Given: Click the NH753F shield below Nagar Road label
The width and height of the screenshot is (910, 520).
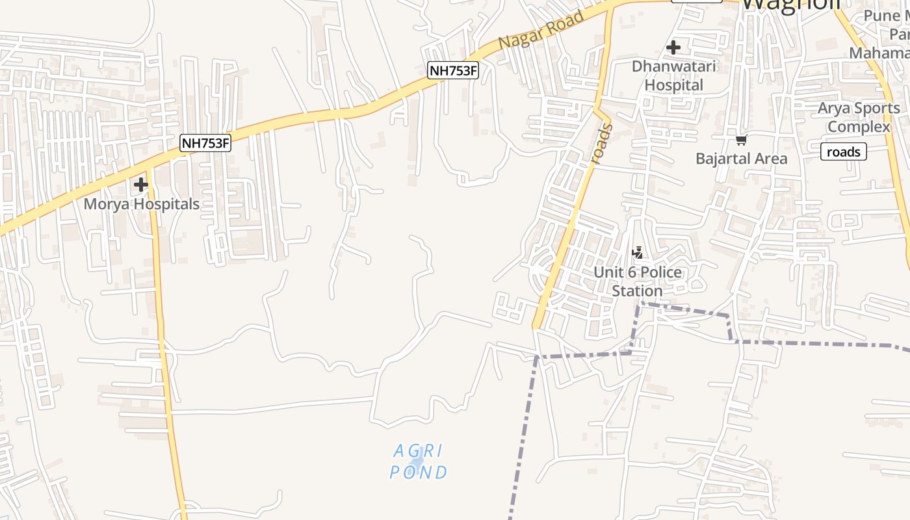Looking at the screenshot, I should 453,70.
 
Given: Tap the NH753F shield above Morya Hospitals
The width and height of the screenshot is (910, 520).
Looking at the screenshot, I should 205,143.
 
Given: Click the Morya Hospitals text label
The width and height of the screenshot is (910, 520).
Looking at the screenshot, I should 142,204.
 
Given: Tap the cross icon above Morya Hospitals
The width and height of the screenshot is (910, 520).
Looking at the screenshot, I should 141,185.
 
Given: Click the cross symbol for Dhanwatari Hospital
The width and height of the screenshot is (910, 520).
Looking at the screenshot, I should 673,47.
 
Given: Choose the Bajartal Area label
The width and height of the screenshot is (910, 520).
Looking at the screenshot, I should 741,159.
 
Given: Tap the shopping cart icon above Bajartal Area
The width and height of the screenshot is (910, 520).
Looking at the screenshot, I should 741,140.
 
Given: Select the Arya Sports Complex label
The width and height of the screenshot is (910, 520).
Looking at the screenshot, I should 859,117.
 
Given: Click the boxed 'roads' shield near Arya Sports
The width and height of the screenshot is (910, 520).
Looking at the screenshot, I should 844,152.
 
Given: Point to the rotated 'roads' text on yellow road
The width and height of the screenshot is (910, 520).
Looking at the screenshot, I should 602,145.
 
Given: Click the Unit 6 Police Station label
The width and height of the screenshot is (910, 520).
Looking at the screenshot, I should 637,281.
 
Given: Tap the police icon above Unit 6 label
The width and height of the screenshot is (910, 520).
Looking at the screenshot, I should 637,253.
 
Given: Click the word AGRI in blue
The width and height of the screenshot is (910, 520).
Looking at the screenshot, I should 418,450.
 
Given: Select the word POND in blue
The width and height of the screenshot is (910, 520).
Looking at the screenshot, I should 419,473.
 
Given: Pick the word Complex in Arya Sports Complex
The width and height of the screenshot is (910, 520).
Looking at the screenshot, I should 859,127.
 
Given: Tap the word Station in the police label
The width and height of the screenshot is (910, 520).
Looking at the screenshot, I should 637,291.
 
